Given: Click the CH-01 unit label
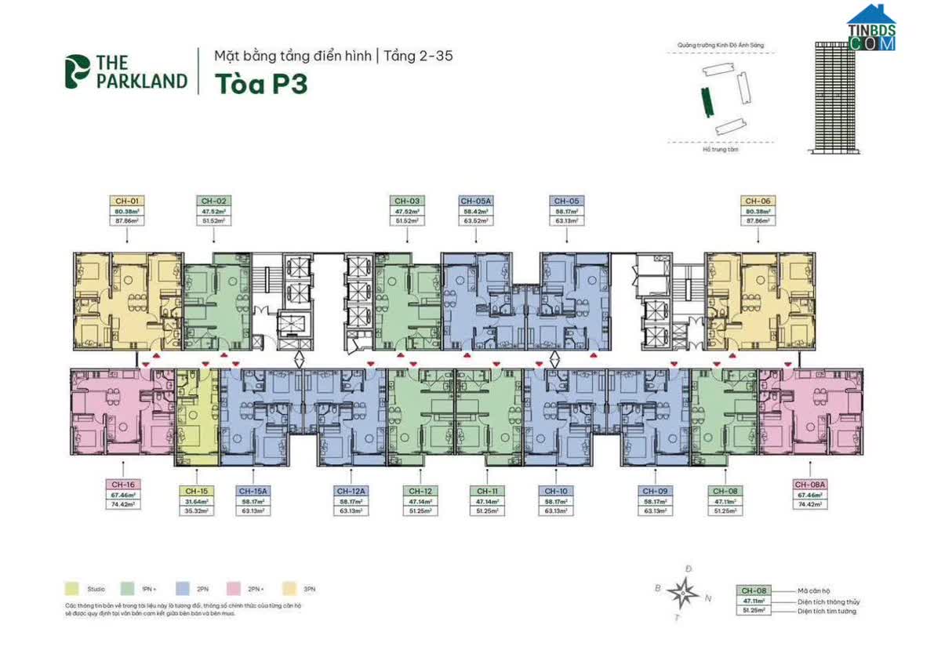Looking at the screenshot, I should coord(125,201).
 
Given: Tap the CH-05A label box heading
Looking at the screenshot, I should coord(475,201).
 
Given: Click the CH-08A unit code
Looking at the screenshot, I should coord(809,485).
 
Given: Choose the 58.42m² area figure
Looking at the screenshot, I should coord(475,211).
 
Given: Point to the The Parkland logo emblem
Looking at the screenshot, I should coord(77,71).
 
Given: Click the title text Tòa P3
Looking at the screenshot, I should coord(260,84).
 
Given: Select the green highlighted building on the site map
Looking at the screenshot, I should coord(706,100).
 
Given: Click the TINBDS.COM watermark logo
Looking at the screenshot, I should coord(870,30).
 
